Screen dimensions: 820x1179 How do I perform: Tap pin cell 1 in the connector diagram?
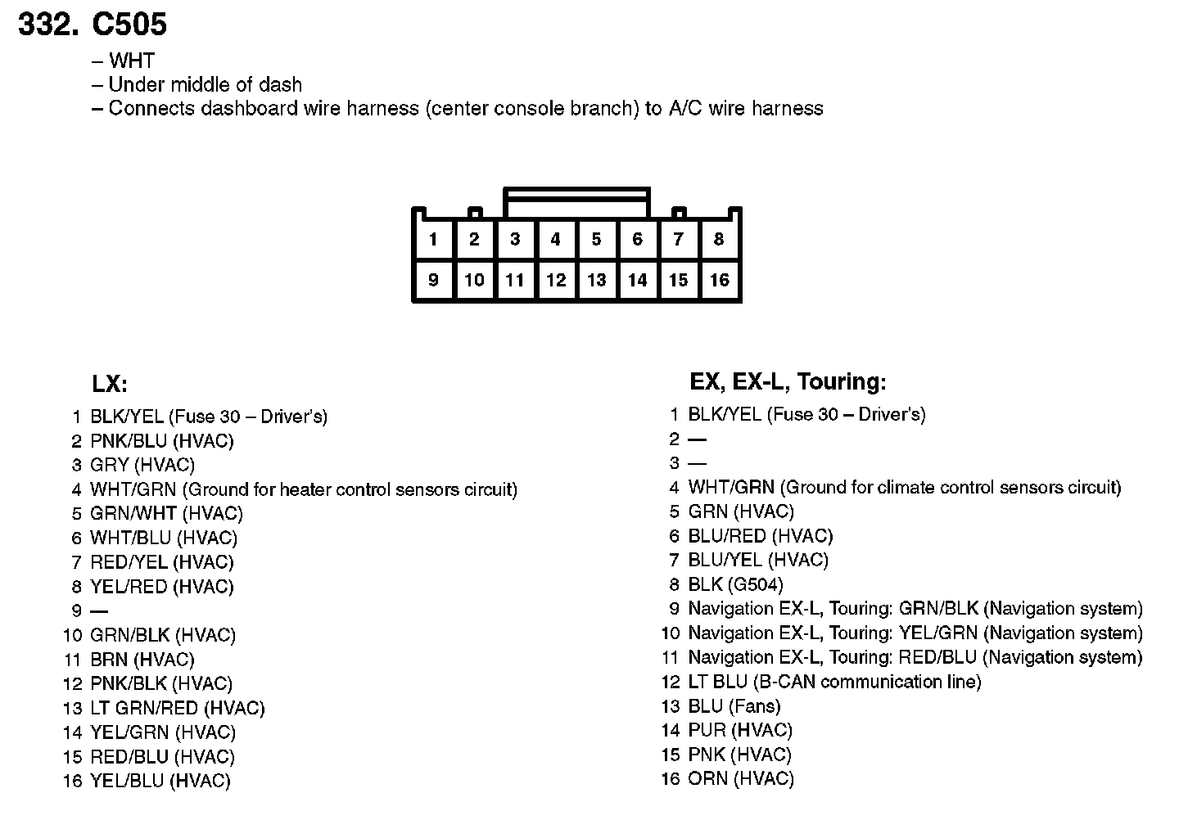(433, 240)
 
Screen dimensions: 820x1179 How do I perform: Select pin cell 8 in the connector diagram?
(719, 240)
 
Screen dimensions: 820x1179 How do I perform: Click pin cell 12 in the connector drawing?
(556, 281)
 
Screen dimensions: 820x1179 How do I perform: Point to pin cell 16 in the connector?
(719, 281)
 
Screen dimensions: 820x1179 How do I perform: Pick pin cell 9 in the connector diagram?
(433, 281)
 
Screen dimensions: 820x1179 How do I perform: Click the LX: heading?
(110, 384)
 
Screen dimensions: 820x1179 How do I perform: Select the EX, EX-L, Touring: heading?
(788, 381)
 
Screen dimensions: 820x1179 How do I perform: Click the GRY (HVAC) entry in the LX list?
(142, 465)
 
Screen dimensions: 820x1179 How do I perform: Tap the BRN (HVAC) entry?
(142, 660)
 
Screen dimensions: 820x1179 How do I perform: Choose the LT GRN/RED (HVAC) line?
(178, 708)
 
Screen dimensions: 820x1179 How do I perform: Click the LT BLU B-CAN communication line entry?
(834, 682)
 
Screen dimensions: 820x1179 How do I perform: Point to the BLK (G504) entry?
(735, 584)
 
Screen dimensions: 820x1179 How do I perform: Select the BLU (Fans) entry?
(734, 706)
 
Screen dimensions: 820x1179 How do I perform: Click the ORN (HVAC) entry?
(741, 779)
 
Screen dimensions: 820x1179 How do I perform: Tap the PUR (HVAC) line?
(740, 730)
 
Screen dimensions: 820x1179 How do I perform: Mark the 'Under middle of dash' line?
(205, 84)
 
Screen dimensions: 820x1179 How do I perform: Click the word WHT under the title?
(131, 61)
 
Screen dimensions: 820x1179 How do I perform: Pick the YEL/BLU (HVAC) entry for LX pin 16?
(160, 782)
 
